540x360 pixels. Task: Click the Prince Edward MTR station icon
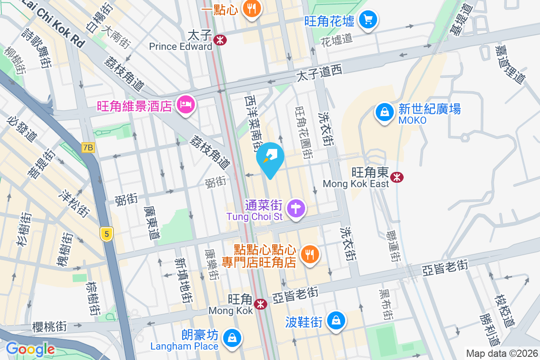[220, 40]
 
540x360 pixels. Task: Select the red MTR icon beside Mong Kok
[260, 304]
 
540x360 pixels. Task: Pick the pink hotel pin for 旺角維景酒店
[185, 105]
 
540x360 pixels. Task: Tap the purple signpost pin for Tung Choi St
[296, 208]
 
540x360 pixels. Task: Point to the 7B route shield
[88, 147]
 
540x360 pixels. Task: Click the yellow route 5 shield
[106, 234]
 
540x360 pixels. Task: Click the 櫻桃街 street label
[46, 326]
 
